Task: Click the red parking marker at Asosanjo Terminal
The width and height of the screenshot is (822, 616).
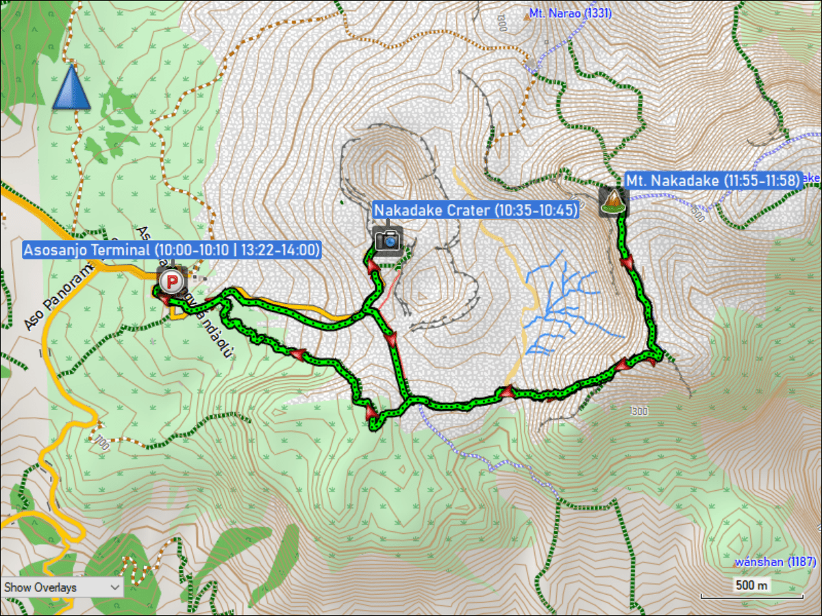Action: coord(170,281)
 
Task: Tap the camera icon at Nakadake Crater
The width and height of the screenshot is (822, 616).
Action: coord(388,240)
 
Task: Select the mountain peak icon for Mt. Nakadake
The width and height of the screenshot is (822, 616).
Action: coord(613,201)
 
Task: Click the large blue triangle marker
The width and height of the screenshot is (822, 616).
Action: coord(72,89)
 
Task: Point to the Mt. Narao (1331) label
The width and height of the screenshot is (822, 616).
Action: coord(570,13)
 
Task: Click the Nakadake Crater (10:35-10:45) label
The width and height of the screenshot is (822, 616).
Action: coord(475,210)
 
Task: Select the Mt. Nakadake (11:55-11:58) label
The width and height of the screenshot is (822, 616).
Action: coord(712,181)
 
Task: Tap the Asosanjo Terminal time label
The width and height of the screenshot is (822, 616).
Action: coord(171,250)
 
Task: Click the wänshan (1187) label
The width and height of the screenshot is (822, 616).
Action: coord(774,562)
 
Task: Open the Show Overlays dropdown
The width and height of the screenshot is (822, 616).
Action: coord(62,587)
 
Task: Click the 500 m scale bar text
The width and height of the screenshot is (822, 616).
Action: coord(751,585)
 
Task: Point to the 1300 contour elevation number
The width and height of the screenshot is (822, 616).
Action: coord(638,411)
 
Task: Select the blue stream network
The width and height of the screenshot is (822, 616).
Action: coord(562,301)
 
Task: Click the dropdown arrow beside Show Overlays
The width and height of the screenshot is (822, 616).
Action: coord(114,587)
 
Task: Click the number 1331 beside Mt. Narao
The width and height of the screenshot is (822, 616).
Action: coord(595,13)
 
